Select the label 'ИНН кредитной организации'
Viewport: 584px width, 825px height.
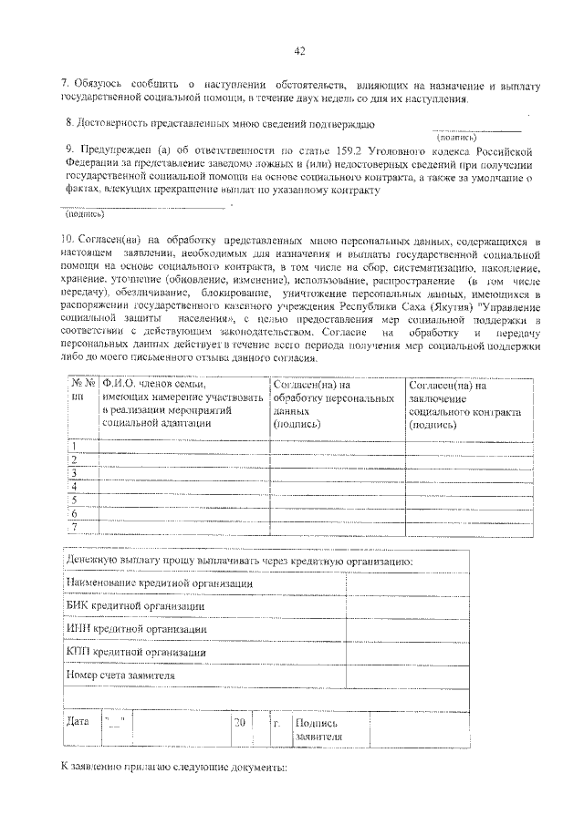tap(136, 628)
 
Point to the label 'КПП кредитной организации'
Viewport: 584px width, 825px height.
tap(135, 652)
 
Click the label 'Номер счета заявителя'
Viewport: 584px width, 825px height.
tap(120, 675)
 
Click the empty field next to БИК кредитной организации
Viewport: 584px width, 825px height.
tap(407, 605)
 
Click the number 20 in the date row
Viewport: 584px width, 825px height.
tap(240, 723)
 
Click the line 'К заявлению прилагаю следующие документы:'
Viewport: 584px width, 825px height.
tap(173, 768)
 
